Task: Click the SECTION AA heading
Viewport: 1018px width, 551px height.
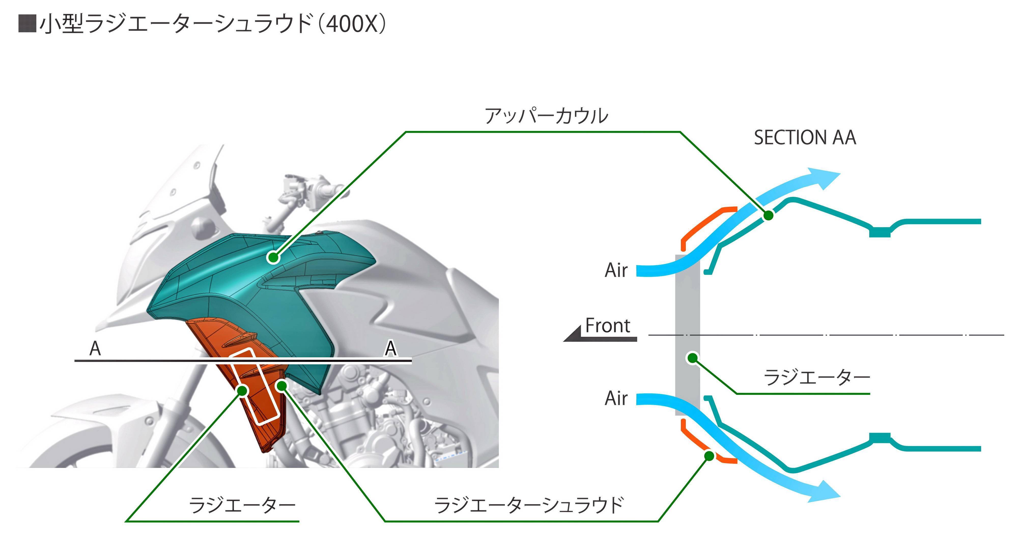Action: pos(804,138)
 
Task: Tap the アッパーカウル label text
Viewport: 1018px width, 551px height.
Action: pos(546,116)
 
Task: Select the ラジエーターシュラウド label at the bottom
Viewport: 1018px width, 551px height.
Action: pos(529,505)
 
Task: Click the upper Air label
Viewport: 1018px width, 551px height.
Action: pos(616,271)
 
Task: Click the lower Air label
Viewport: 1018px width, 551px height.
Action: pos(616,398)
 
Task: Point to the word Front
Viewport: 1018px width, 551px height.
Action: pos(607,326)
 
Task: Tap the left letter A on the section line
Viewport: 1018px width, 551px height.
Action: pos(95,349)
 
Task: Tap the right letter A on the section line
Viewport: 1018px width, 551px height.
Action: pos(390,349)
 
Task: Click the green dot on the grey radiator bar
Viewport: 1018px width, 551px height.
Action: pos(692,358)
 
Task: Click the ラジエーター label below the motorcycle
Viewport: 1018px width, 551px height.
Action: pos(242,505)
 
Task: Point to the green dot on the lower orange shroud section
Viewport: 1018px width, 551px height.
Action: pos(709,456)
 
